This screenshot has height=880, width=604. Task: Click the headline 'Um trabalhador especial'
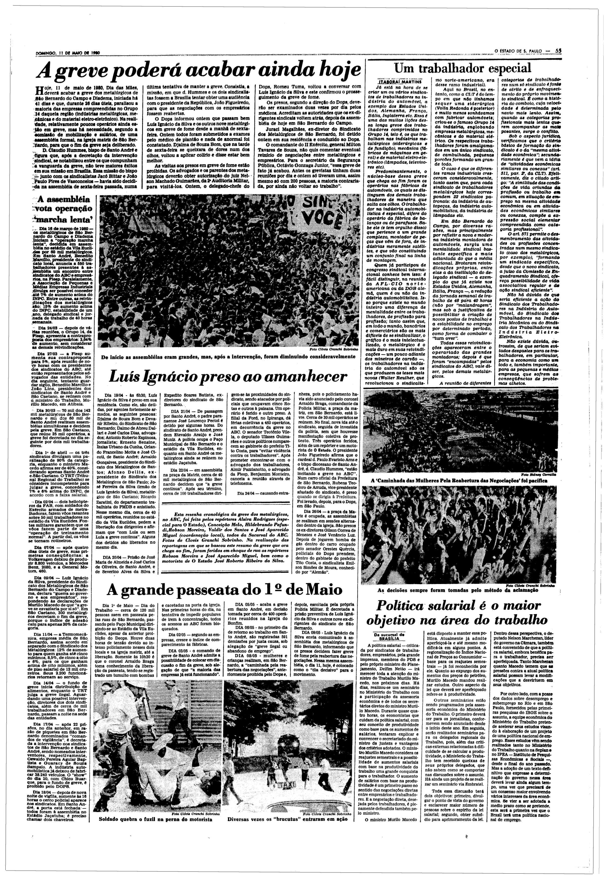click(x=463, y=68)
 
